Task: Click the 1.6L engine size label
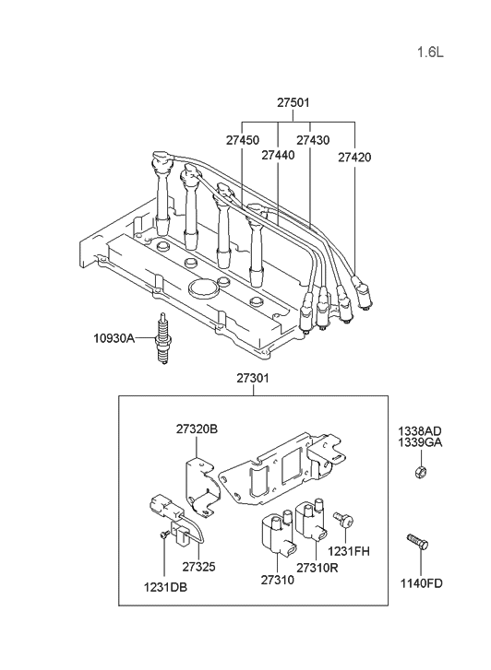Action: click(429, 52)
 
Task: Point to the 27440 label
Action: click(277, 157)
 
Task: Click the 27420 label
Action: click(354, 157)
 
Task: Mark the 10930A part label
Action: click(113, 338)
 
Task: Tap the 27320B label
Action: click(197, 429)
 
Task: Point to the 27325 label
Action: click(198, 566)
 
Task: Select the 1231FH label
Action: click(349, 550)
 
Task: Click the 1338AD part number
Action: click(420, 430)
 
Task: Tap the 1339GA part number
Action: click(420, 442)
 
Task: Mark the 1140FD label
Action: click(420, 582)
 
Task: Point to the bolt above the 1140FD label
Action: click(416, 545)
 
